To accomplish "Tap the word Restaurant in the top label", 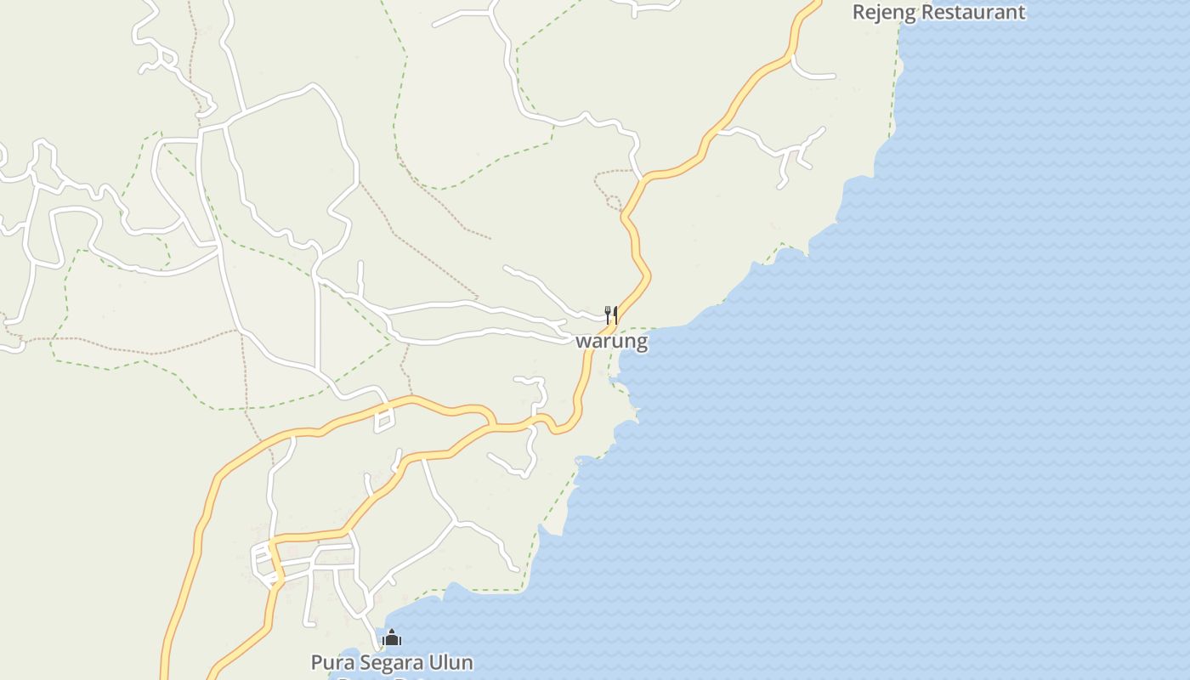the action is click(x=974, y=13).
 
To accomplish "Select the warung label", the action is click(x=612, y=342).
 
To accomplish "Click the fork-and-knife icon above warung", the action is click(x=610, y=314).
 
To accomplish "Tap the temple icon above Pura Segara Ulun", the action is click(x=392, y=637).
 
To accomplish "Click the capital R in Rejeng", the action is click(x=859, y=13).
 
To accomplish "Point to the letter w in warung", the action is click(x=584, y=343).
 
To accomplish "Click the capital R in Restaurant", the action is click(x=930, y=13).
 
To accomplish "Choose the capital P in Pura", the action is click(x=317, y=662).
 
